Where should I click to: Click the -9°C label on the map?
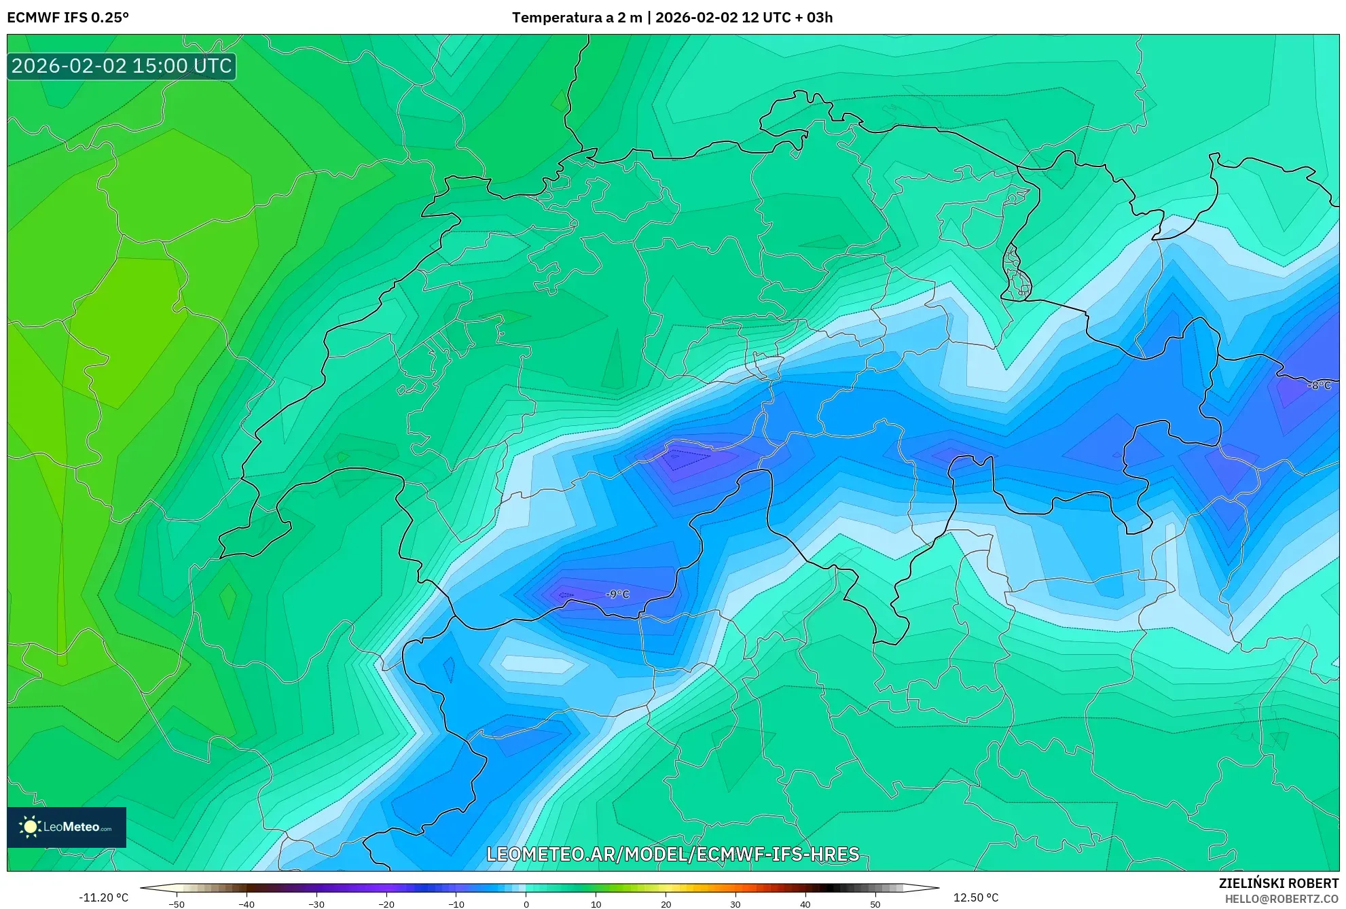617,594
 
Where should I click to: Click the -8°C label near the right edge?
1319,385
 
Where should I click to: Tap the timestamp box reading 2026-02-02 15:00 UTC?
122,66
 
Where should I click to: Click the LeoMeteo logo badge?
67,827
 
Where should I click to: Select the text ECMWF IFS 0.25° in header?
68,18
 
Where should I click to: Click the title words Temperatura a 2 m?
577,18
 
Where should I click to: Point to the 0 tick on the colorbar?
526,904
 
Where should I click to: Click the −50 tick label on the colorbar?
177,904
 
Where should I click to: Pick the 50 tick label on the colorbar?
875,904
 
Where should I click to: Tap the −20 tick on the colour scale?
386,904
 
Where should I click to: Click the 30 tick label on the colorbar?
735,904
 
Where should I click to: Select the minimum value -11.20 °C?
103,897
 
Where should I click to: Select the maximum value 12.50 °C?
976,897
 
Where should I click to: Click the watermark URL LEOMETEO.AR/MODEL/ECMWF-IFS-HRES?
673,854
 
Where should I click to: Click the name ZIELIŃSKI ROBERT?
1279,883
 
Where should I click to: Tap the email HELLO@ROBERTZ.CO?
1281,899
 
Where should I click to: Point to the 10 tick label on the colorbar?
596,904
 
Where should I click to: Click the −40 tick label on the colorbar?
247,904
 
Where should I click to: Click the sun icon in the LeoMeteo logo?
30,827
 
